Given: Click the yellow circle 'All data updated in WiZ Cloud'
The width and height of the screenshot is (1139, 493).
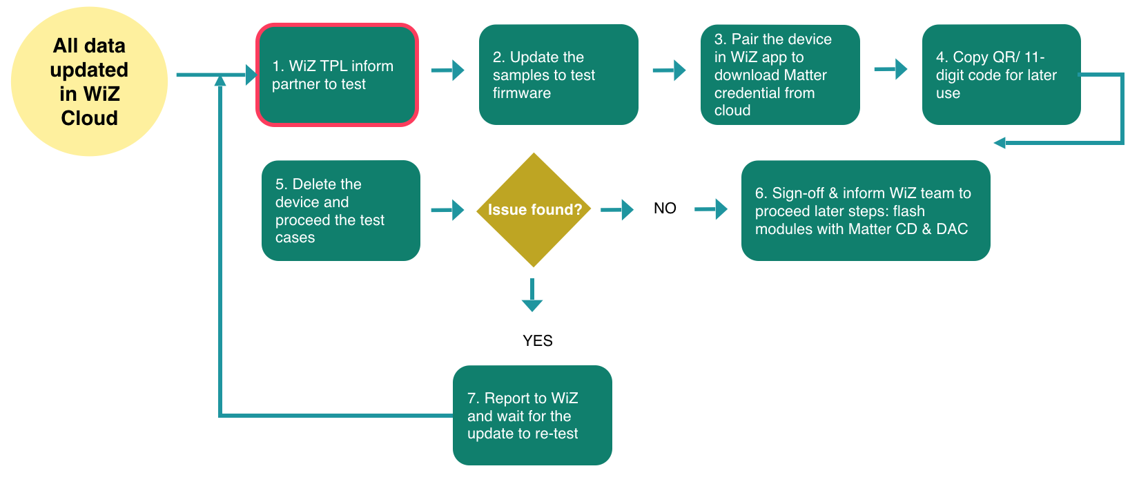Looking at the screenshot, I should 89,81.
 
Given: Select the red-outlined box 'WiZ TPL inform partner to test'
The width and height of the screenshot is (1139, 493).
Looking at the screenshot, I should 337,75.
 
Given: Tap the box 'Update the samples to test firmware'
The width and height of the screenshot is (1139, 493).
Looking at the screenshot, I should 558,75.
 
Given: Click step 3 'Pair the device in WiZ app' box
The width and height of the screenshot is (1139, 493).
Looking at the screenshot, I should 779,75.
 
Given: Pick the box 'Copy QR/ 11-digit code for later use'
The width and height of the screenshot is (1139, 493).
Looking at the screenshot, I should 1000,75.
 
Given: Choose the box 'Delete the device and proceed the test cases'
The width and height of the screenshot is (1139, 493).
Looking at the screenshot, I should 340,211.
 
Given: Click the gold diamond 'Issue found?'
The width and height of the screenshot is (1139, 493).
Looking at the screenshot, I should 534,210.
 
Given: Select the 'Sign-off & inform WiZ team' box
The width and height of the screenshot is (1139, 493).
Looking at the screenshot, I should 865,211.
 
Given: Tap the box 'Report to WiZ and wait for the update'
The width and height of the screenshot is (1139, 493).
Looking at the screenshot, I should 532,415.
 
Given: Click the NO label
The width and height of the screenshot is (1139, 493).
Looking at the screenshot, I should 665,209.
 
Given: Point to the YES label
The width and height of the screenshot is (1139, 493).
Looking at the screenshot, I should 537,340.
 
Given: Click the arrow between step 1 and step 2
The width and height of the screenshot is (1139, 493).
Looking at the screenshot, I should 448,70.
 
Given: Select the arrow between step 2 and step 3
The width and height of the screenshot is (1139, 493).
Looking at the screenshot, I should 670,70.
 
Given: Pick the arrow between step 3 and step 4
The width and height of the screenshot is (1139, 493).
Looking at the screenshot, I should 890,69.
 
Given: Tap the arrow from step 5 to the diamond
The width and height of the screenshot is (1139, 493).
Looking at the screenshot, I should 448,209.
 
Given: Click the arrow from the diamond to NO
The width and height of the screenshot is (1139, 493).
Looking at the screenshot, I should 617,209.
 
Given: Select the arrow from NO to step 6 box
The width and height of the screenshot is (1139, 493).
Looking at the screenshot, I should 711,209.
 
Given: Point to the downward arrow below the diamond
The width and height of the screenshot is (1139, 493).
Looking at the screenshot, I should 532,296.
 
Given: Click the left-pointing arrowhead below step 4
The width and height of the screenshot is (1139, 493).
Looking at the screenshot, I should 1000,143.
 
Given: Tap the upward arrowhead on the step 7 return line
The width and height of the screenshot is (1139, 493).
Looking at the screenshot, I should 220,81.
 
